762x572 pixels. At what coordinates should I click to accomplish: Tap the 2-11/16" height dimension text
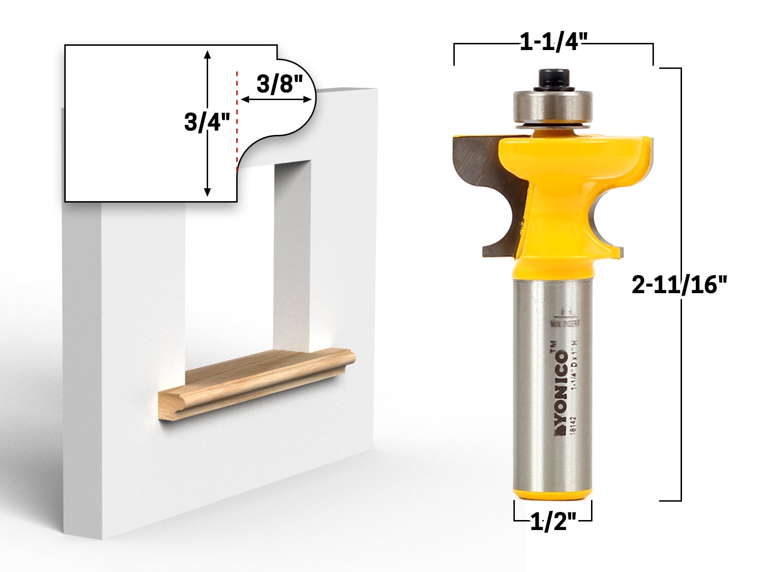680,286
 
